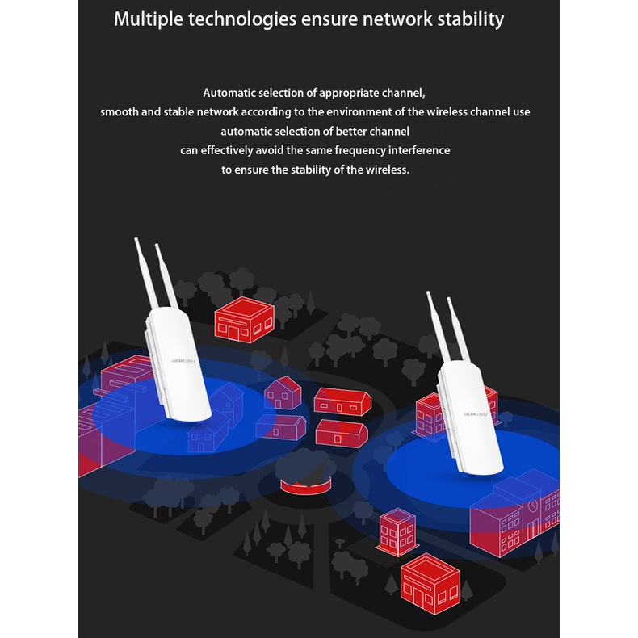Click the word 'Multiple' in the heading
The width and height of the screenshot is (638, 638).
tap(148, 19)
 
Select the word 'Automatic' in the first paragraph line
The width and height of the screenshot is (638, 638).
tap(232, 93)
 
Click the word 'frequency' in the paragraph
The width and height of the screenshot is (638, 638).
tap(358, 150)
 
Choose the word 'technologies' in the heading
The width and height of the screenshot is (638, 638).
tap(241, 19)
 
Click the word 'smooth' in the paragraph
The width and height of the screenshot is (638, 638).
tap(120, 112)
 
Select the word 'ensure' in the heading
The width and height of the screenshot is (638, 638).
tap(328, 19)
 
